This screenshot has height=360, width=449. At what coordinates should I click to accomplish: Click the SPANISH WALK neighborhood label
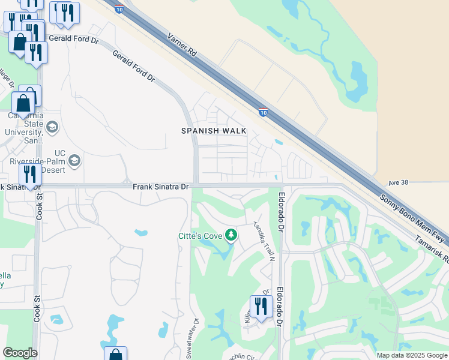pyautogui.click(x=214, y=131)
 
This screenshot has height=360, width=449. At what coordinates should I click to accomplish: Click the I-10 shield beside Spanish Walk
pyautogui.click(x=263, y=112)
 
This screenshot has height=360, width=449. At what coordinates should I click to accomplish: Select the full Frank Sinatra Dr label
pyautogui.click(x=161, y=187)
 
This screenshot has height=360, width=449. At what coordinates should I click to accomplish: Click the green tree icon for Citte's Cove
pyautogui.click(x=231, y=235)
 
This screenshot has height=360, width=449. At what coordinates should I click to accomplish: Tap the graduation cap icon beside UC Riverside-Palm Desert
pyautogui.click(x=74, y=160)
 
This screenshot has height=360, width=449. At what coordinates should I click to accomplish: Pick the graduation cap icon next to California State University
pyautogui.click(x=52, y=127)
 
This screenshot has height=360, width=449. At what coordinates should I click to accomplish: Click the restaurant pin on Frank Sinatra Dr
pyautogui.click(x=29, y=175)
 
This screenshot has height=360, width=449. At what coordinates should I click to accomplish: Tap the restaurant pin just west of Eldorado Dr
pyautogui.click(x=261, y=307)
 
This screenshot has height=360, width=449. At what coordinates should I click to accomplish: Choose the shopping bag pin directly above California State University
pyautogui.click(x=24, y=103)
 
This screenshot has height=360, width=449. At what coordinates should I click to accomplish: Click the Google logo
pyautogui.click(x=20, y=353)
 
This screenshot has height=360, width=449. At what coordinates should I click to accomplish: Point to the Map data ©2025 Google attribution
pyautogui.click(x=411, y=355)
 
